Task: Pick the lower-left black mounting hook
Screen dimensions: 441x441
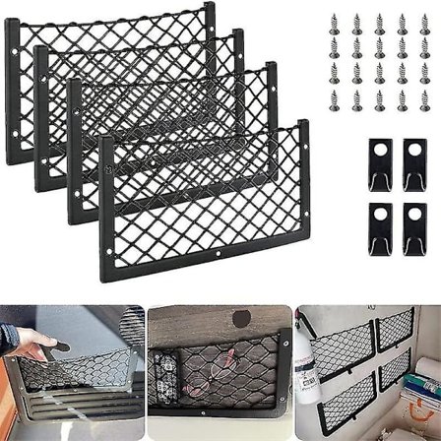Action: coord(381,225)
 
